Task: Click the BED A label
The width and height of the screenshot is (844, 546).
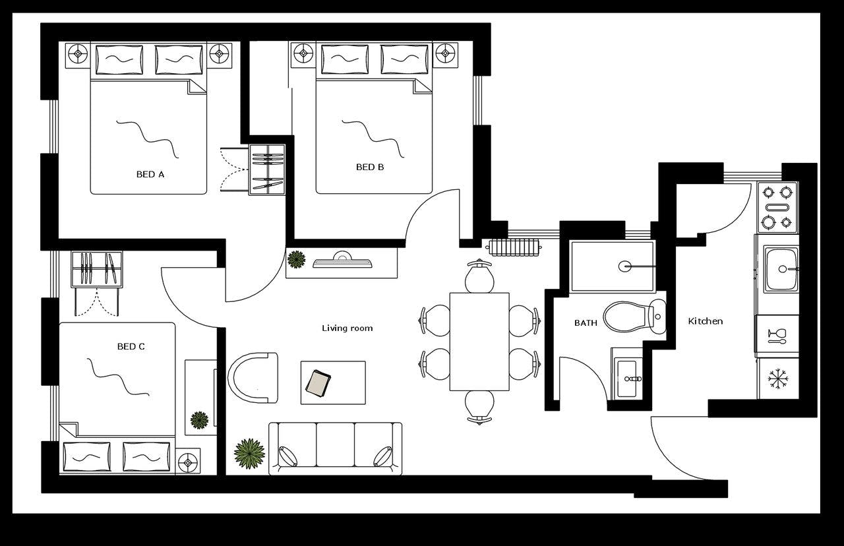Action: (150, 175)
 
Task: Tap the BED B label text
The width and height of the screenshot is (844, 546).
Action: (370, 167)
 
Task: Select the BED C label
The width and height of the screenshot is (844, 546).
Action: (131, 347)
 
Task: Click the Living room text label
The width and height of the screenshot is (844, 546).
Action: (347, 328)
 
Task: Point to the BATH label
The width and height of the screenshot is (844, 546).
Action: (586, 323)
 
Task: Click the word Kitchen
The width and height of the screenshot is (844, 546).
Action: (705, 321)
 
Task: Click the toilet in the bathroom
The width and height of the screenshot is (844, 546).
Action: (632, 317)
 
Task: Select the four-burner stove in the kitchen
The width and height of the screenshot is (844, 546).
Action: (777, 207)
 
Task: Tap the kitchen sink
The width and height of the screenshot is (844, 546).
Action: (781, 269)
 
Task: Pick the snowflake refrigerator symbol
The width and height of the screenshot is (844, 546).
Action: (778, 379)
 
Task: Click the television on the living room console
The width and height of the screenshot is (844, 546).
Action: (342, 262)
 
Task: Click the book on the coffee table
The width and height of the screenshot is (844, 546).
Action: (319, 383)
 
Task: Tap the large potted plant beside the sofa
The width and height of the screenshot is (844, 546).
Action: (249, 454)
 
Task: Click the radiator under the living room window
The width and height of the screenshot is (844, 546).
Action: (514, 247)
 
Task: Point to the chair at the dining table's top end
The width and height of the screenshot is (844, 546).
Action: (479, 276)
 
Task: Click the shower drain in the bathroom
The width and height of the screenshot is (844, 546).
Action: (625, 266)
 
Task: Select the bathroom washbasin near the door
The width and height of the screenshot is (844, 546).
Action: (627, 379)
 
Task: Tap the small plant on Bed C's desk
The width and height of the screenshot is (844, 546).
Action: (199, 419)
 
